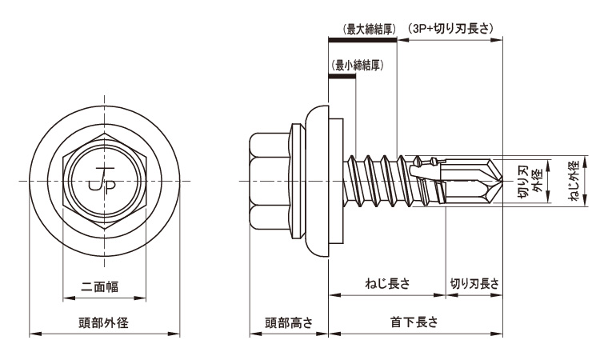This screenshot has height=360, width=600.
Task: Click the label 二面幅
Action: click(100, 286)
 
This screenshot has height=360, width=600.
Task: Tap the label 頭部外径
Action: click(104, 323)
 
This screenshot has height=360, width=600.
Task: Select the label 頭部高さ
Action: click(289, 323)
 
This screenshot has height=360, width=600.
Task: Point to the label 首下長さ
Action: click(414, 322)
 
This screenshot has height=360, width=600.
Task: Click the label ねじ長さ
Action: click(387, 283)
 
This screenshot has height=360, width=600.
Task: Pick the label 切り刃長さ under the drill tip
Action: click(474, 283)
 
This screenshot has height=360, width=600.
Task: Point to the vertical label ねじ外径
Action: click(574, 181)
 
